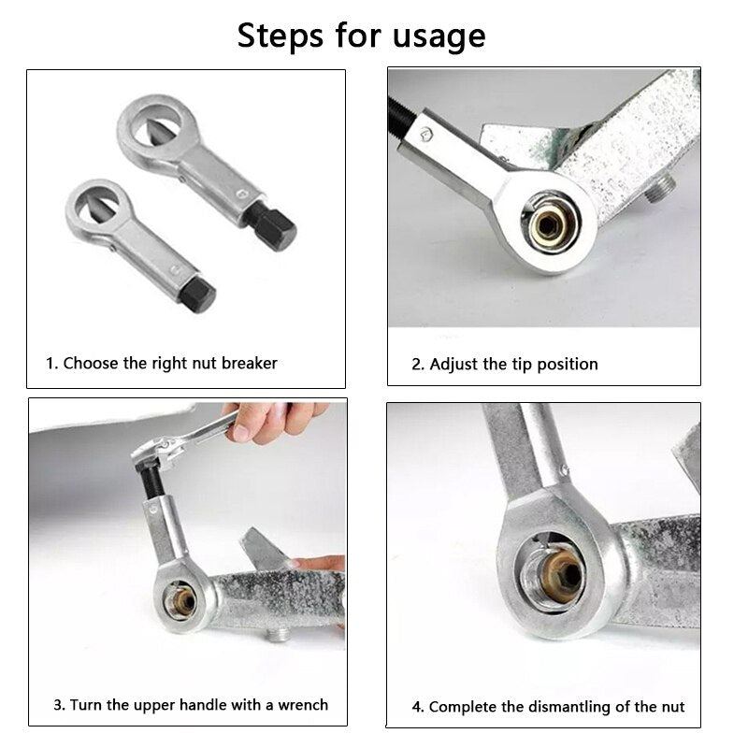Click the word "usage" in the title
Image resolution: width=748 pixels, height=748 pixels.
point(439,37)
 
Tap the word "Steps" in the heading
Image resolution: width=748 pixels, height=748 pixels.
point(280,36)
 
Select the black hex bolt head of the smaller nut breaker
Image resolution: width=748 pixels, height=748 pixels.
point(198,295)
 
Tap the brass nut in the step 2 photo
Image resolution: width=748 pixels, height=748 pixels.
point(550,223)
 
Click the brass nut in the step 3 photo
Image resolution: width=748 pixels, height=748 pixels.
point(182,602)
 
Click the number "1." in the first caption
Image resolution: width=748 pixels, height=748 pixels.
point(52,364)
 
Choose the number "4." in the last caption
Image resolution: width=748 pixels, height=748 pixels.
point(418,707)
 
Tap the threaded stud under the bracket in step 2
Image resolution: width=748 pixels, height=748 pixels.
point(660,188)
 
